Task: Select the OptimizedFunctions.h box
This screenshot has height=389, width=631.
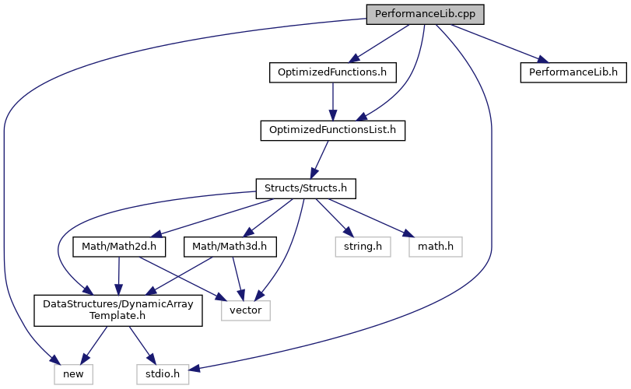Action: point(333,73)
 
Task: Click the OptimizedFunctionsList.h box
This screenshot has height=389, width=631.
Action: point(333,130)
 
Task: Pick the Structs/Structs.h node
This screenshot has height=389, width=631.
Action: point(306,187)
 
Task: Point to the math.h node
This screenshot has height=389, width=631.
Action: point(435,247)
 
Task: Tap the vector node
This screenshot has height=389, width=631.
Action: point(247,310)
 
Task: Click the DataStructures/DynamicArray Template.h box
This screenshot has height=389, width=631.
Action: point(118,310)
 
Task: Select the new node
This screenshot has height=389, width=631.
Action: point(74,374)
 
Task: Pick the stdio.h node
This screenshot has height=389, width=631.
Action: point(163,374)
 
